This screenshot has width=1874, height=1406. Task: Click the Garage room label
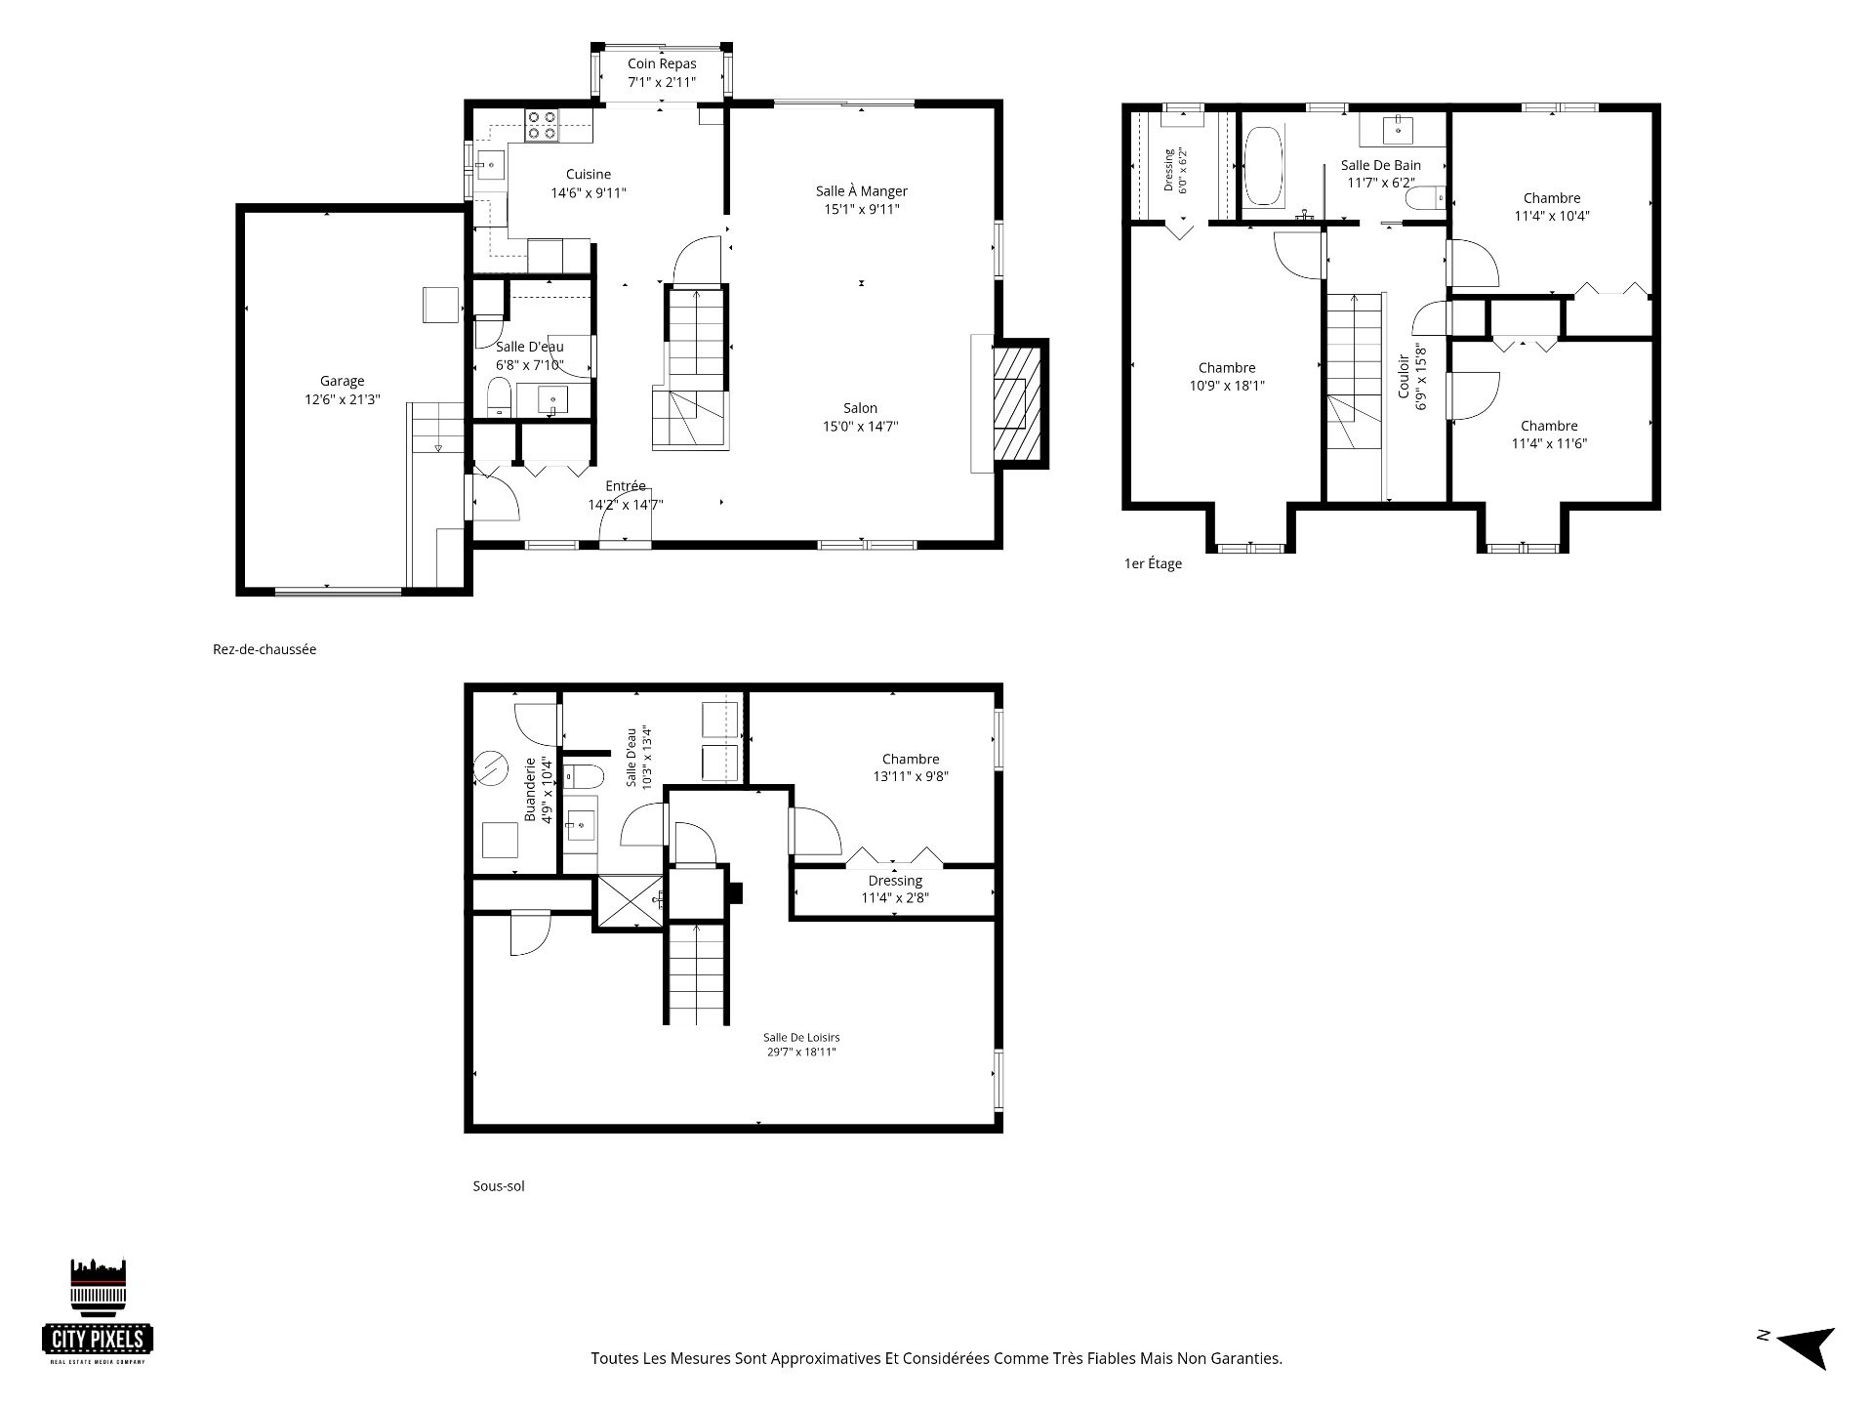(x=342, y=382)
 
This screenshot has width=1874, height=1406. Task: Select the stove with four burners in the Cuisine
(x=542, y=125)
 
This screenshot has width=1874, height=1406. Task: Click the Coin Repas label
(x=662, y=64)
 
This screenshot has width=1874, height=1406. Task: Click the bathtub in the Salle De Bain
(x=1265, y=166)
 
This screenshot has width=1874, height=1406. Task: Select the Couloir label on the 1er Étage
(x=1404, y=376)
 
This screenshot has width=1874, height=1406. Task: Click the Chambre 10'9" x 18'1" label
(x=1227, y=377)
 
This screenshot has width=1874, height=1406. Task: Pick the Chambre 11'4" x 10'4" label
(x=1552, y=207)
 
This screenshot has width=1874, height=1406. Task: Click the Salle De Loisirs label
(x=801, y=1038)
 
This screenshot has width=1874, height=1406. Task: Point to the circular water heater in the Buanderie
(x=490, y=768)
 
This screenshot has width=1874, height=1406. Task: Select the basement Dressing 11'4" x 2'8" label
(x=895, y=889)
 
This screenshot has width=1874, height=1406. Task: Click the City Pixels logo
(x=98, y=1311)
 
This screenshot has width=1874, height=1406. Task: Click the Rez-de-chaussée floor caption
(x=265, y=649)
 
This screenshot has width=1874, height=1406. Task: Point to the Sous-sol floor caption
(x=499, y=1186)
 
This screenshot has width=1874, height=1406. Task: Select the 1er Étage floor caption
(x=1153, y=563)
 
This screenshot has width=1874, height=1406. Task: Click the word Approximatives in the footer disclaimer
(x=826, y=1358)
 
